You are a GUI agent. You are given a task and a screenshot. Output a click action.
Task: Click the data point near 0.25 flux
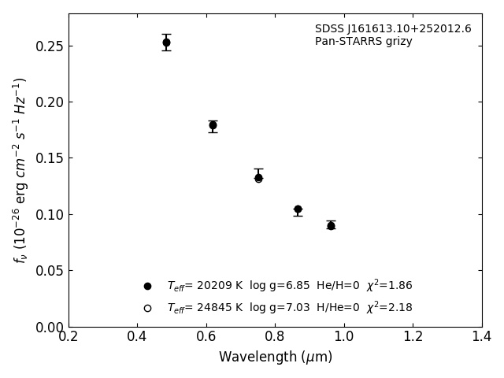(166, 43)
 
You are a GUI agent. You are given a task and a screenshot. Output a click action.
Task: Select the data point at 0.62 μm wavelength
(213, 125)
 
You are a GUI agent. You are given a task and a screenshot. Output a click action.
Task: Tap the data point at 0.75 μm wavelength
(258, 178)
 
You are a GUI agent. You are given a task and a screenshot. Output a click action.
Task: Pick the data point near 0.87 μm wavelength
(298, 209)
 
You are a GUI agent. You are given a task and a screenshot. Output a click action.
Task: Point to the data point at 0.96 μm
(331, 226)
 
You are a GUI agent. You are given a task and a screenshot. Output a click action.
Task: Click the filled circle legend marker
(147, 286)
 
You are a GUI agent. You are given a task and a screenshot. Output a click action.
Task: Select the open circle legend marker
(147, 308)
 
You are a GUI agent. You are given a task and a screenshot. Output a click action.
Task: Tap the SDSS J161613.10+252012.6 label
(393, 29)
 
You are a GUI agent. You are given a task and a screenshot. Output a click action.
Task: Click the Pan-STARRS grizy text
(363, 42)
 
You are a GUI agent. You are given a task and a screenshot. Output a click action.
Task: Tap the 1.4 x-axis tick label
(482, 337)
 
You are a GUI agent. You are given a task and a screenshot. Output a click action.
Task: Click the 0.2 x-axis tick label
(69, 337)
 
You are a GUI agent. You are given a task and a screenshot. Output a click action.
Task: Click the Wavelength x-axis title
(275, 358)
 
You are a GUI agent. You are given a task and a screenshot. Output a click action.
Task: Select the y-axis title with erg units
(20, 169)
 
